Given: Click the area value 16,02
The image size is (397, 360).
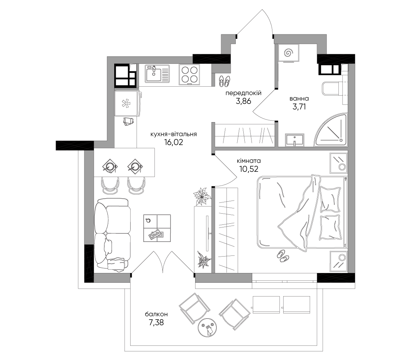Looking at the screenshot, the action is click(x=174, y=142).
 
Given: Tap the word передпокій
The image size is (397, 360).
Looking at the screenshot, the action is click(x=243, y=93).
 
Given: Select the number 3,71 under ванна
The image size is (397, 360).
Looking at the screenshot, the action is click(x=299, y=107).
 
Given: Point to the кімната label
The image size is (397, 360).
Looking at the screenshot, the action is click(x=249, y=161).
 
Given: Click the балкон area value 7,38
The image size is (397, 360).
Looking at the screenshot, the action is click(x=156, y=323).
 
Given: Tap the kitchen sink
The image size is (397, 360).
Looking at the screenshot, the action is click(x=157, y=74).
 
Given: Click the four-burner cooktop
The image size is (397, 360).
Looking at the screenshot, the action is click(x=189, y=74).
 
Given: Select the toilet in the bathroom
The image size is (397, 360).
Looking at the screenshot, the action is click(x=332, y=89).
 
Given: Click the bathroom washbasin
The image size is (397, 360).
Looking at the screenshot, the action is click(x=294, y=140).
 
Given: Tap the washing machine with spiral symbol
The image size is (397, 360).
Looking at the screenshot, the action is click(x=288, y=53).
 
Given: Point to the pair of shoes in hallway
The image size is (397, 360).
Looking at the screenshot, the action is click(x=224, y=80).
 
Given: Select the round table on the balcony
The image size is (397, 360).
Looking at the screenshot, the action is click(x=208, y=328).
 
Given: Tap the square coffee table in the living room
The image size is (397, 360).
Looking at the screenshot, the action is click(x=157, y=228).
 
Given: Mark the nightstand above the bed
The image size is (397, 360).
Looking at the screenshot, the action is click(x=338, y=163).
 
